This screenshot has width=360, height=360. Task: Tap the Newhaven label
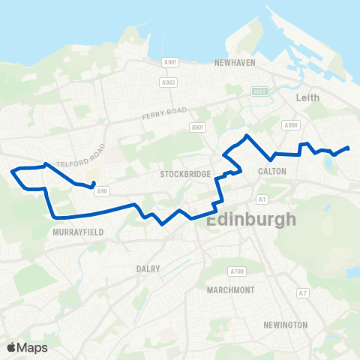click(x=235, y=64)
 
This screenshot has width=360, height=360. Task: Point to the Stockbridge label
click(x=182, y=174)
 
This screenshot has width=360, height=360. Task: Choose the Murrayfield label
click(x=77, y=232)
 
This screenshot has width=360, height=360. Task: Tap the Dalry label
click(x=148, y=268)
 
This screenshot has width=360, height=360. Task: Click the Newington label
click(x=285, y=325)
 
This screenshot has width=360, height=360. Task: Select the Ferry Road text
click(x=162, y=117)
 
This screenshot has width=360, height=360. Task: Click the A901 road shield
click(x=170, y=62)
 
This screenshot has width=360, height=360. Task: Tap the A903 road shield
click(x=169, y=82)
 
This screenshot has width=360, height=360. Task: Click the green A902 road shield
click(x=259, y=91)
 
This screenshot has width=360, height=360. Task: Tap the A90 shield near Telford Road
click(x=102, y=190)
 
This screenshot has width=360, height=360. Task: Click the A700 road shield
click(x=238, y=271)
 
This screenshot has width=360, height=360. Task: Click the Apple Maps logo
click(x=26, y=347)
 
